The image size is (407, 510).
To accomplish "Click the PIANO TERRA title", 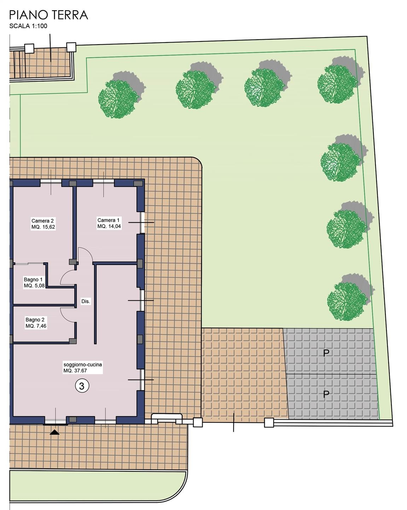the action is [x=48, y=15].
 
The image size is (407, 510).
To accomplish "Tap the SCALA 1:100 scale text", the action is [x=28, y=26].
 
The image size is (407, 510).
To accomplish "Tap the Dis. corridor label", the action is [x=86, y=301].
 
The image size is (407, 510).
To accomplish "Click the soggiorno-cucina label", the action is [x=83, y=364].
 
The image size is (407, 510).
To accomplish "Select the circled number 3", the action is [x=82, y=386].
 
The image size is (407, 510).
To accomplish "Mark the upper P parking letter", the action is [x=326, y=353].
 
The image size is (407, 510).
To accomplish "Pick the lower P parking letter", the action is [x=326, y=394].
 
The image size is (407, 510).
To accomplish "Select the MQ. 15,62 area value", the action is [x=43, y=227].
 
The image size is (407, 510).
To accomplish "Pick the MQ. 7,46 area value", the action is [x=36, y=326].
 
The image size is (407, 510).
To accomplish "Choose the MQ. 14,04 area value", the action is [x=109, y=226].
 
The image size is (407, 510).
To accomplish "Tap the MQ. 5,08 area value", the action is [x=34, y=286].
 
